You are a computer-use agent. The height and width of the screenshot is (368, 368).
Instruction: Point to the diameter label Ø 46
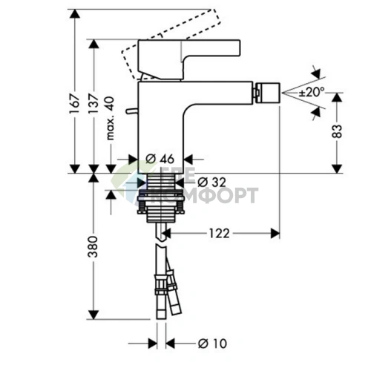tap(160, 158)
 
